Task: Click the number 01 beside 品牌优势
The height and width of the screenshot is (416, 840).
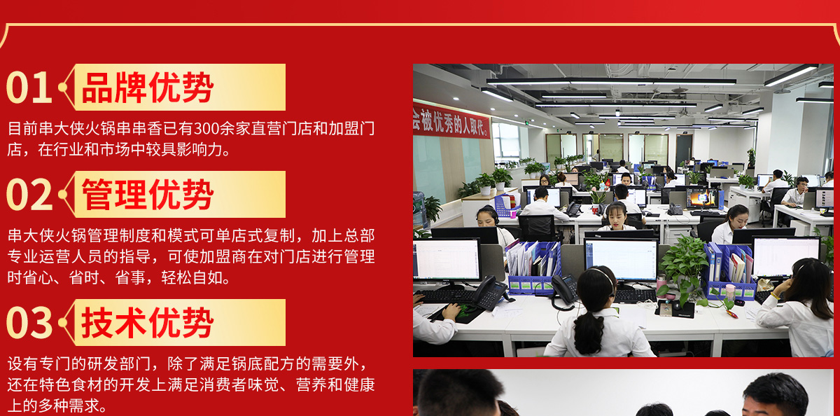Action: pos(29,88)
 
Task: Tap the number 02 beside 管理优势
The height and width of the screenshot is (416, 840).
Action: pos(29,195)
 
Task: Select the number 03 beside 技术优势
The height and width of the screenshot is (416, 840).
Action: pos(29,323)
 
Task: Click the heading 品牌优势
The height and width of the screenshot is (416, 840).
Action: pos(148,88)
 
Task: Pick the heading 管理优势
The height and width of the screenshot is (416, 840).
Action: pos(148,195)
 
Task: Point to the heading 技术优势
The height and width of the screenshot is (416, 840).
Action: pos(148,323)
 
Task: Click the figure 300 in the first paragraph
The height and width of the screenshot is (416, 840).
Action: pos(206,129)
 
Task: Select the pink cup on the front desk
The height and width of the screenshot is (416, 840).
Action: pos(729,293)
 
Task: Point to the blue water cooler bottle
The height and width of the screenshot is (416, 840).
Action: pos(419,209)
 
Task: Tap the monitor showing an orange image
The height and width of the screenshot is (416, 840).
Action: pos(702,198)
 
